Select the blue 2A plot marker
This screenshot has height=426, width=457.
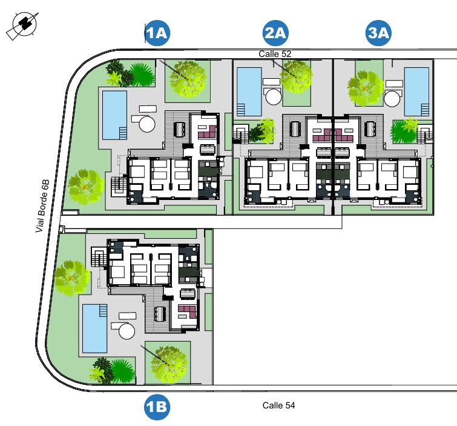[x=275, y=34]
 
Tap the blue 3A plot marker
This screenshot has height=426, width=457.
[x=379, y=34]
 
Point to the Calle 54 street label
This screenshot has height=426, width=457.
[x=278, y=405]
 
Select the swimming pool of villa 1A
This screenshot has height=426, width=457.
[x=114, y=114]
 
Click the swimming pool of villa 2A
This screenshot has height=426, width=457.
[x=249, y=91]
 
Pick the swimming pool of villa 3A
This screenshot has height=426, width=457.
[x=416, y=91]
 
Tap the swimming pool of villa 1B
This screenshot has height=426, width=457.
[x=94, y=328]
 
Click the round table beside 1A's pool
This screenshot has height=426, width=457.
[x=147, y=125]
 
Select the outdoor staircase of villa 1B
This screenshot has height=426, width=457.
[x=98, y=259]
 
